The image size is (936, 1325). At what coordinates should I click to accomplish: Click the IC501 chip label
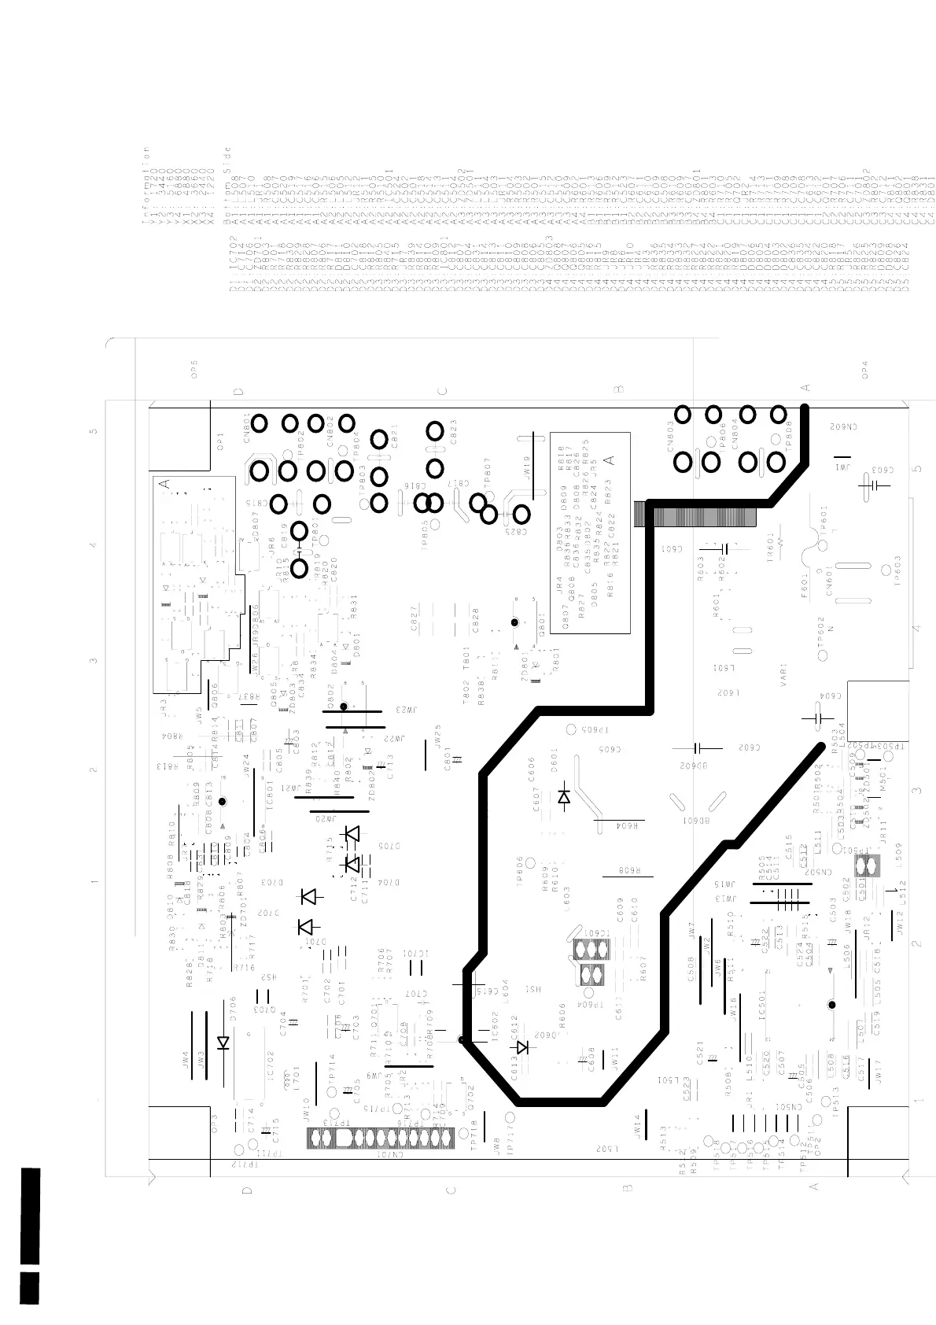point(761,1007)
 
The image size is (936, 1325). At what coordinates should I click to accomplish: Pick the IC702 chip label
point(270,1066)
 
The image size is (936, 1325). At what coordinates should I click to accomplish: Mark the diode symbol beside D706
point(223,1043)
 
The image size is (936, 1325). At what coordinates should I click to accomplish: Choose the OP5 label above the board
point(194,369)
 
